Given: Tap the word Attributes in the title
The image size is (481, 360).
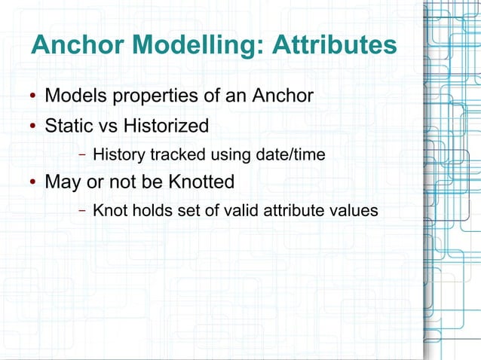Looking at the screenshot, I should click(x=334, y=46).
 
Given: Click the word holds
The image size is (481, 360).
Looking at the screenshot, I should click(x=150, y=211).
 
